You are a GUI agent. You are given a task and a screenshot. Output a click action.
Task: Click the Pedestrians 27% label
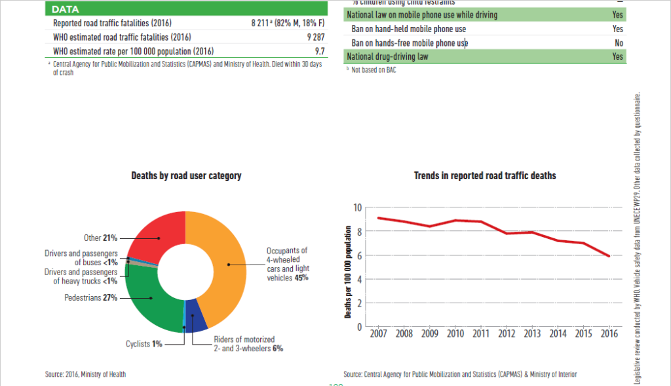pos(91,297)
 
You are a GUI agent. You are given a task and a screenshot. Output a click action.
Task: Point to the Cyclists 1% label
pos(144,343)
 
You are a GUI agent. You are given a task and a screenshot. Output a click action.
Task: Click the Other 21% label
pos(100,238)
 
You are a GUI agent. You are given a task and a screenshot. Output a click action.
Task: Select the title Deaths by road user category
pos(186,176)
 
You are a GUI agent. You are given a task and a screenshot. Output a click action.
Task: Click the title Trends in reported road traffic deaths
pos(485,176)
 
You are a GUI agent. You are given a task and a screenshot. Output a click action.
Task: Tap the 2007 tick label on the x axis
pos(378,333)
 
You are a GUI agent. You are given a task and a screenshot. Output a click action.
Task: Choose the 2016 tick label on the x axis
pos(610,333)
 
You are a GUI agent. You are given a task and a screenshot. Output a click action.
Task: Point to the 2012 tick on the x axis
pos(507,333)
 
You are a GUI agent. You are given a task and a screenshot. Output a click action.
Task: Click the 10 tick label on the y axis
pos(357,208)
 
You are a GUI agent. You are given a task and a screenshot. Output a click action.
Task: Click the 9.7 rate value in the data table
pos(319,51)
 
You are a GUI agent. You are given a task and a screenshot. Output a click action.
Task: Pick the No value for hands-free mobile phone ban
pos(619,43)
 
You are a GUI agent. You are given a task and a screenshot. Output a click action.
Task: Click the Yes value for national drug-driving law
pos(617,57)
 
